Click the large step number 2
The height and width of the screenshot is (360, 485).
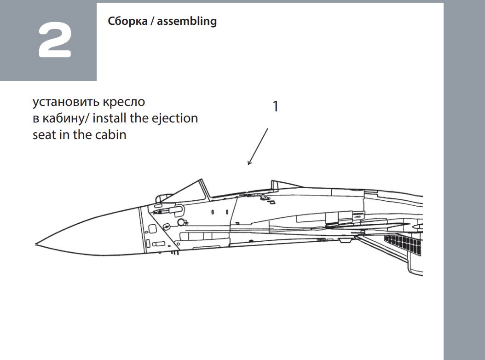point(55,40)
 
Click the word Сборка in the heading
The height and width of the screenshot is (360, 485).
point(127,21)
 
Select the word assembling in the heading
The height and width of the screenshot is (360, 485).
point(187,21)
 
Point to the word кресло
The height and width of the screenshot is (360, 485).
point(124,102)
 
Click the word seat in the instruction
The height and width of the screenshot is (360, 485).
point(44,135)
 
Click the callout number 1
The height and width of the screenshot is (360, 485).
point(275,106)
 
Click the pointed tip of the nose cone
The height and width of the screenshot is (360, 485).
point(35,244)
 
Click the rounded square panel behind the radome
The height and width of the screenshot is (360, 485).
point(152,229)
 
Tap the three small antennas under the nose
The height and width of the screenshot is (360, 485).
point(174,253)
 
